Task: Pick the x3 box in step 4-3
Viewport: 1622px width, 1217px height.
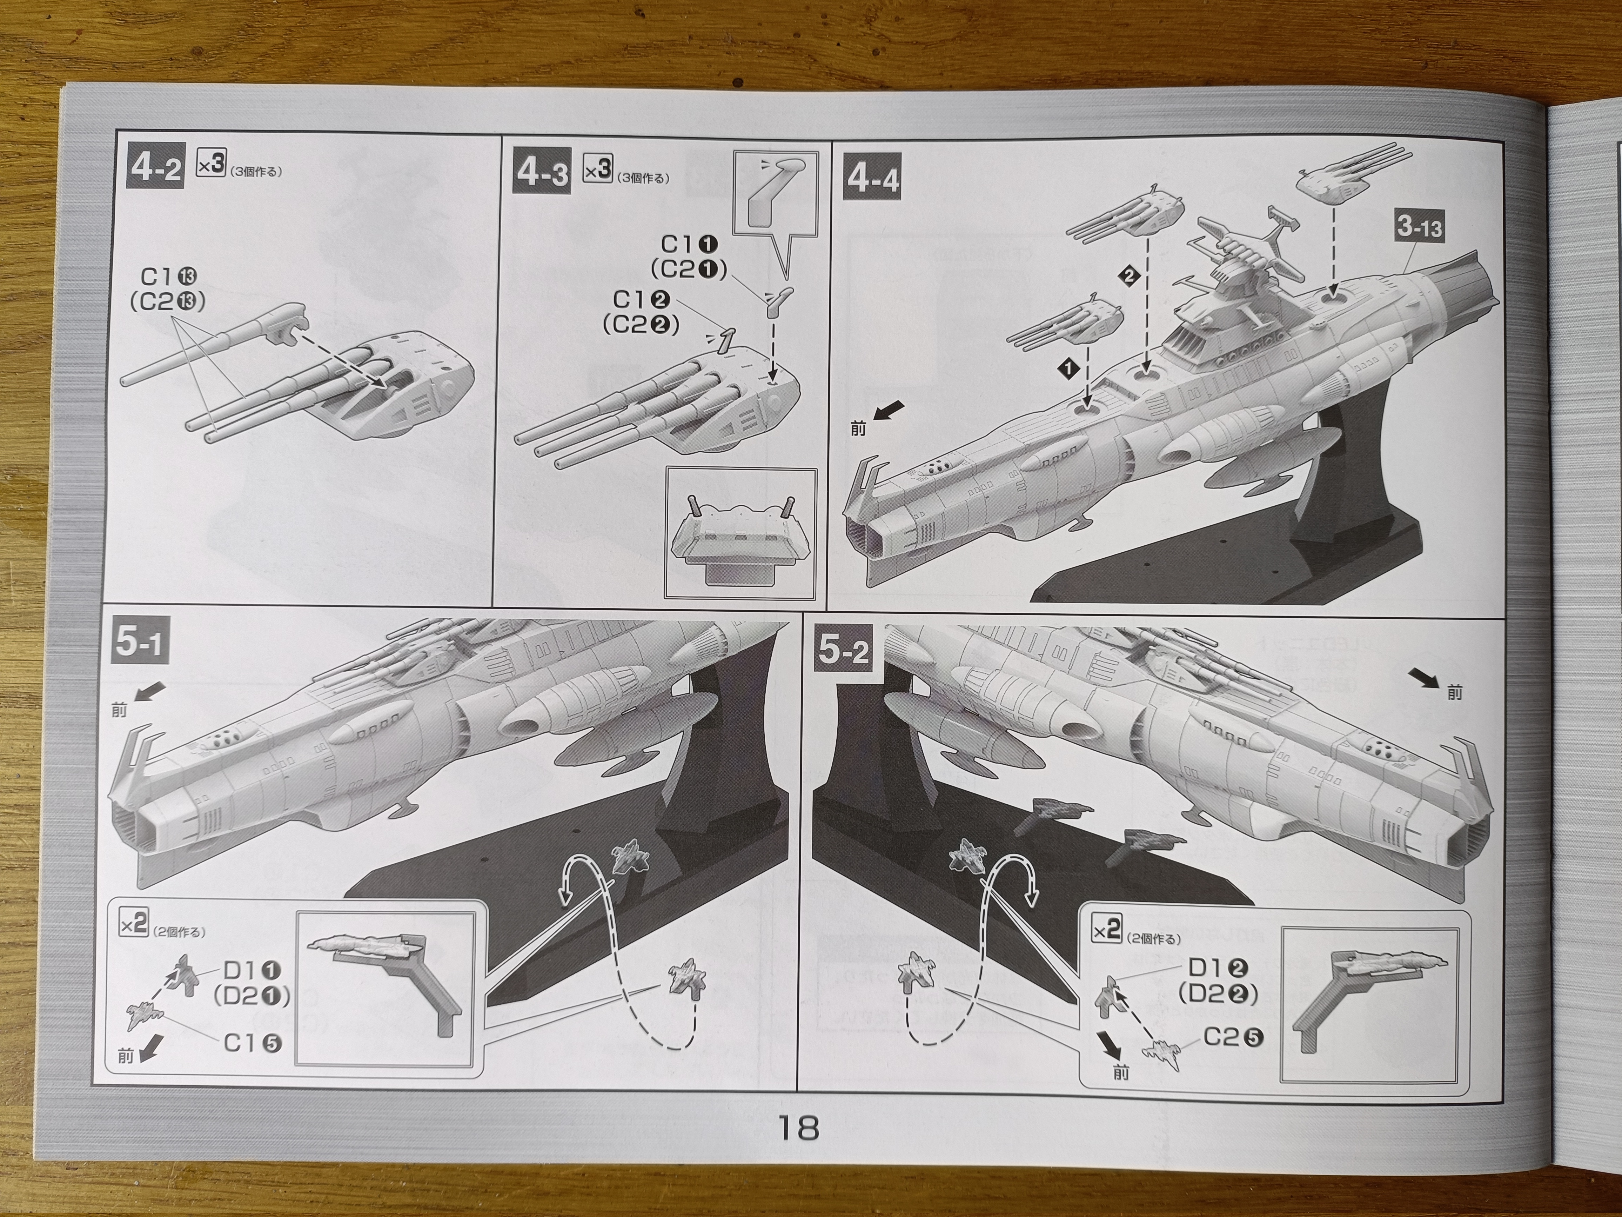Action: click(x=598, y=170)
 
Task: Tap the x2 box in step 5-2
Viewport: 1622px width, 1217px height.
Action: click(x=1107, y=930)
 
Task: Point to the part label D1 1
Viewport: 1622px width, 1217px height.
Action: click(x=252, y=971)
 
